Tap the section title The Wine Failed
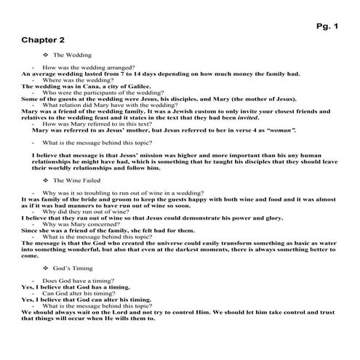[x=76, y=180]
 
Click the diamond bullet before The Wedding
[x=46, y=55]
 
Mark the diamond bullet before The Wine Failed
[x=46, y=180]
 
